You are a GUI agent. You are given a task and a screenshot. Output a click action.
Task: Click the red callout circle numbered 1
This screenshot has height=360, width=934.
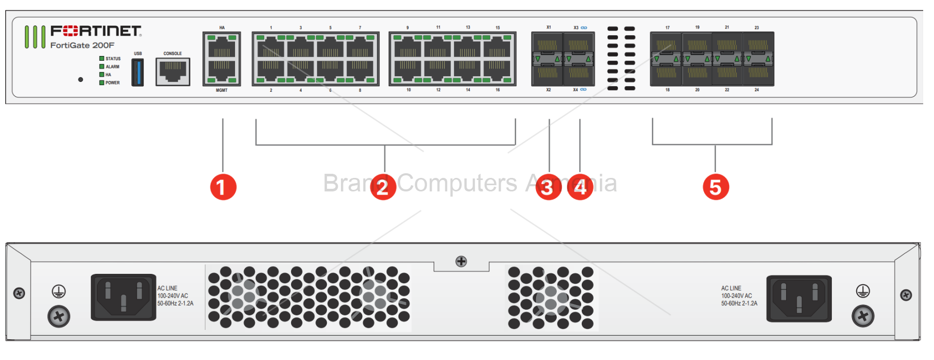(x=223, y=187)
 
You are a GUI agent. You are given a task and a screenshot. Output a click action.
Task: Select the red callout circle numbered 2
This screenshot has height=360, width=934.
(x=383, y=187)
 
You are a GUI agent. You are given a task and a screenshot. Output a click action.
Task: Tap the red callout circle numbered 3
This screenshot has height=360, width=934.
(x=548, y=187)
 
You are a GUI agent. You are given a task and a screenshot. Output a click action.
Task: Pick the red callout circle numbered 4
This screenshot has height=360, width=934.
(x=580, y=187)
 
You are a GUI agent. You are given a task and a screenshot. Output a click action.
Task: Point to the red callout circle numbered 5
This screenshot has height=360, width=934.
(x=716, y=187)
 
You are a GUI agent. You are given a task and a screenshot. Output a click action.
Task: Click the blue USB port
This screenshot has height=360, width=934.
(x=138, y=72)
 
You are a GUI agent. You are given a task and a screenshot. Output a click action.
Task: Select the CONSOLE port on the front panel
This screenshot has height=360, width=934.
(x=173, y=71)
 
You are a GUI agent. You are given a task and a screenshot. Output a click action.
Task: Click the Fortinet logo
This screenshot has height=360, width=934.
(x=96, y=31)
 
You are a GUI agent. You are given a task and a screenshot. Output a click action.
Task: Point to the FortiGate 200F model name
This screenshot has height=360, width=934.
(x=82, y=46)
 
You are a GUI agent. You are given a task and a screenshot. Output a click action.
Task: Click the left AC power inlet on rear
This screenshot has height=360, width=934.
(x=123, y=297)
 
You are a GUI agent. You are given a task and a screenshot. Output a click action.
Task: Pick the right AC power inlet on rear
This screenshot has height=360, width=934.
(x=799, y=298)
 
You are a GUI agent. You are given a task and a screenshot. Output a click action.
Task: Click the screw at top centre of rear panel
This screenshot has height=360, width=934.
(x=461, y=261)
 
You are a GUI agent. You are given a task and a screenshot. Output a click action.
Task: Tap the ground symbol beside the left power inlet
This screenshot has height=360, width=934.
(x=59, y=292)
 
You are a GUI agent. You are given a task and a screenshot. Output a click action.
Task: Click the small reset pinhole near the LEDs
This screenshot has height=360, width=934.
(x=80, y=79)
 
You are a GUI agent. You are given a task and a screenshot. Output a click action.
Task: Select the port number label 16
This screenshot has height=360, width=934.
(x=498, y=90)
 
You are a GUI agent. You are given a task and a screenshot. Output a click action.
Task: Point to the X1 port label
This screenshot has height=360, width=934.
(x=548, y=27)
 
